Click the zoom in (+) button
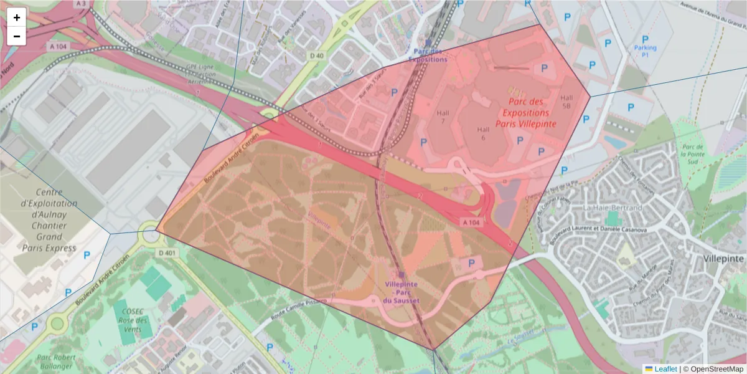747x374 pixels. pyautogui.click(x=17, y=17)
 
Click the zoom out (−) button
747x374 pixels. pyautogui.click(x=17, y=36)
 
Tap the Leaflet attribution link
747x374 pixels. pyautogui.click(x=665, y=369)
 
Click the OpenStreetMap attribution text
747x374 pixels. pyautogui.click(x=716, y=369)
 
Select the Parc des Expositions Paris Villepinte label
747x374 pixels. pyautogui.click(x=525, y=113)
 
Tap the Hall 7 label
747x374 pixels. pyautogui.click(x=443, y=116)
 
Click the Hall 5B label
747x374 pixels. pyautogui.click(x=566, y=102)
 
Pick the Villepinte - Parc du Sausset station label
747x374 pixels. pyautogui.click(x=402, y=292)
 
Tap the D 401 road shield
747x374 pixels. pyautogui.click(x=167, y=252)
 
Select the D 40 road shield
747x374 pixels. pyautogui.click(x=317, y=55)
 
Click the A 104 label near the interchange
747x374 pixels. pyautogui.click(x=471, y=222)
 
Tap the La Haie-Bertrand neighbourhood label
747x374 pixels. pyautogui.click(x=613, y=207)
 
